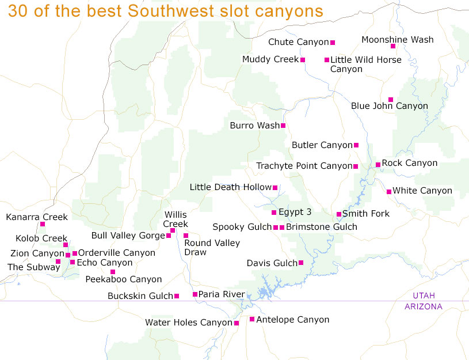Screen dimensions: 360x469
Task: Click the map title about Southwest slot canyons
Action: tap(165, 11)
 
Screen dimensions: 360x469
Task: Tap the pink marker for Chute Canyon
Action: tap(333, 42)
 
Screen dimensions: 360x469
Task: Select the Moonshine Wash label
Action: tap(398, 40)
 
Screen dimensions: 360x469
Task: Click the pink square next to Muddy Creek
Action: tap(303, 60)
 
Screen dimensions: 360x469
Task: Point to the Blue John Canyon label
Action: tap(390, 106)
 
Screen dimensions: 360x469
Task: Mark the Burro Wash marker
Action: tap(283, 126)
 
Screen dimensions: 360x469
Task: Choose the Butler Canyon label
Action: tap(322, 145)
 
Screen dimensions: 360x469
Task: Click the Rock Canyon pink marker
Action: tap(378, 165)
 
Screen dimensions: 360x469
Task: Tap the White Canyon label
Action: tap(422, 191)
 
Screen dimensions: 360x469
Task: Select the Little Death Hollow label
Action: tap(230, 187)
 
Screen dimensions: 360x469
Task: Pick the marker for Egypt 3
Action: tap(274, 213)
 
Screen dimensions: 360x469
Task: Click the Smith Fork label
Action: tap(366, 214)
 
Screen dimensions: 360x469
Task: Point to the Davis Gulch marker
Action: tap(301, 263)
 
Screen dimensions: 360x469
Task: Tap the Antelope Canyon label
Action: tap(293, 320)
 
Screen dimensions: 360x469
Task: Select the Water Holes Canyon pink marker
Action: tap(237, 323)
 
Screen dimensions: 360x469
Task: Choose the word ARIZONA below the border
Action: tap(424, 306)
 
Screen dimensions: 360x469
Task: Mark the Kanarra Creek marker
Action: tap(43, 225)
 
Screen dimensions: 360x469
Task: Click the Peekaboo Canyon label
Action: tap(124, 279)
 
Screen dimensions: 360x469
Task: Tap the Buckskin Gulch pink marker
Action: tap(177, 296)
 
